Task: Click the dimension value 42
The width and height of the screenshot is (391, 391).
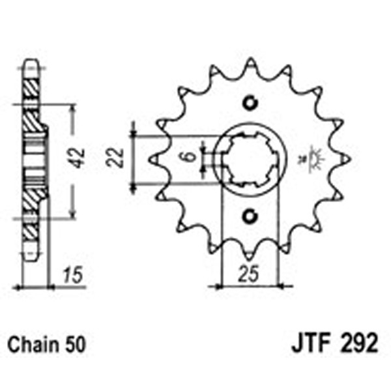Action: tap(79, 159)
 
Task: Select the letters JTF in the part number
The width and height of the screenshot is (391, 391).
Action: tap(304, 343)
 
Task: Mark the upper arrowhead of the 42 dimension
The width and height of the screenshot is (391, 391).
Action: tap(72, 108)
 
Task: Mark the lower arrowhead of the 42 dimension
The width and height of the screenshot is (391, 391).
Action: tap(72, 214)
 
